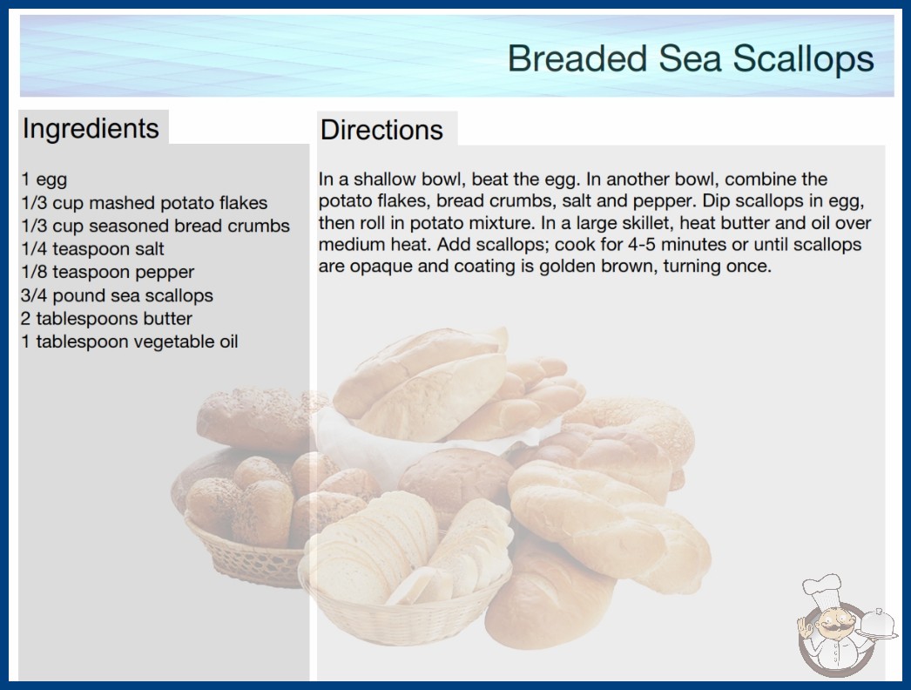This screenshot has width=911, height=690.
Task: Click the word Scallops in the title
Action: click(x=803, y=58)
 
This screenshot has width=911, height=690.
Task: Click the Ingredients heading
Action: click(x=91, y=129)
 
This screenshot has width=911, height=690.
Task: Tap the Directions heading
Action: click(x=381, y=130)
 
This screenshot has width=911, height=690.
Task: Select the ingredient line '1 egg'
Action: click(x=44, y=179)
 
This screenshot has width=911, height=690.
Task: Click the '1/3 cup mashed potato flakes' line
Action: click(x=144, y=203)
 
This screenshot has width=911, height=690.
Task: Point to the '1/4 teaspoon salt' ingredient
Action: click(x=92, y=249)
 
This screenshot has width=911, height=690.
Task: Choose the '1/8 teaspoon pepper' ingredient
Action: click(x=107, y=272)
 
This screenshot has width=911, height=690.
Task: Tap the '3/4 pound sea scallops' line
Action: click(x=117, y=295)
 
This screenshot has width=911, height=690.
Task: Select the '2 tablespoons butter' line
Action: click(x=106, y=319)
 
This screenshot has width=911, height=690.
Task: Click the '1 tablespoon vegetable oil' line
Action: click(x=130, y=342)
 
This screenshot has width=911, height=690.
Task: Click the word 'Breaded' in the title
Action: click(x=577, y=58)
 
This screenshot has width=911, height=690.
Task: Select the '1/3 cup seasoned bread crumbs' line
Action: click(x=155, y=227)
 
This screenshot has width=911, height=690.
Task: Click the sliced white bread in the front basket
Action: click(x=372, y=550)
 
